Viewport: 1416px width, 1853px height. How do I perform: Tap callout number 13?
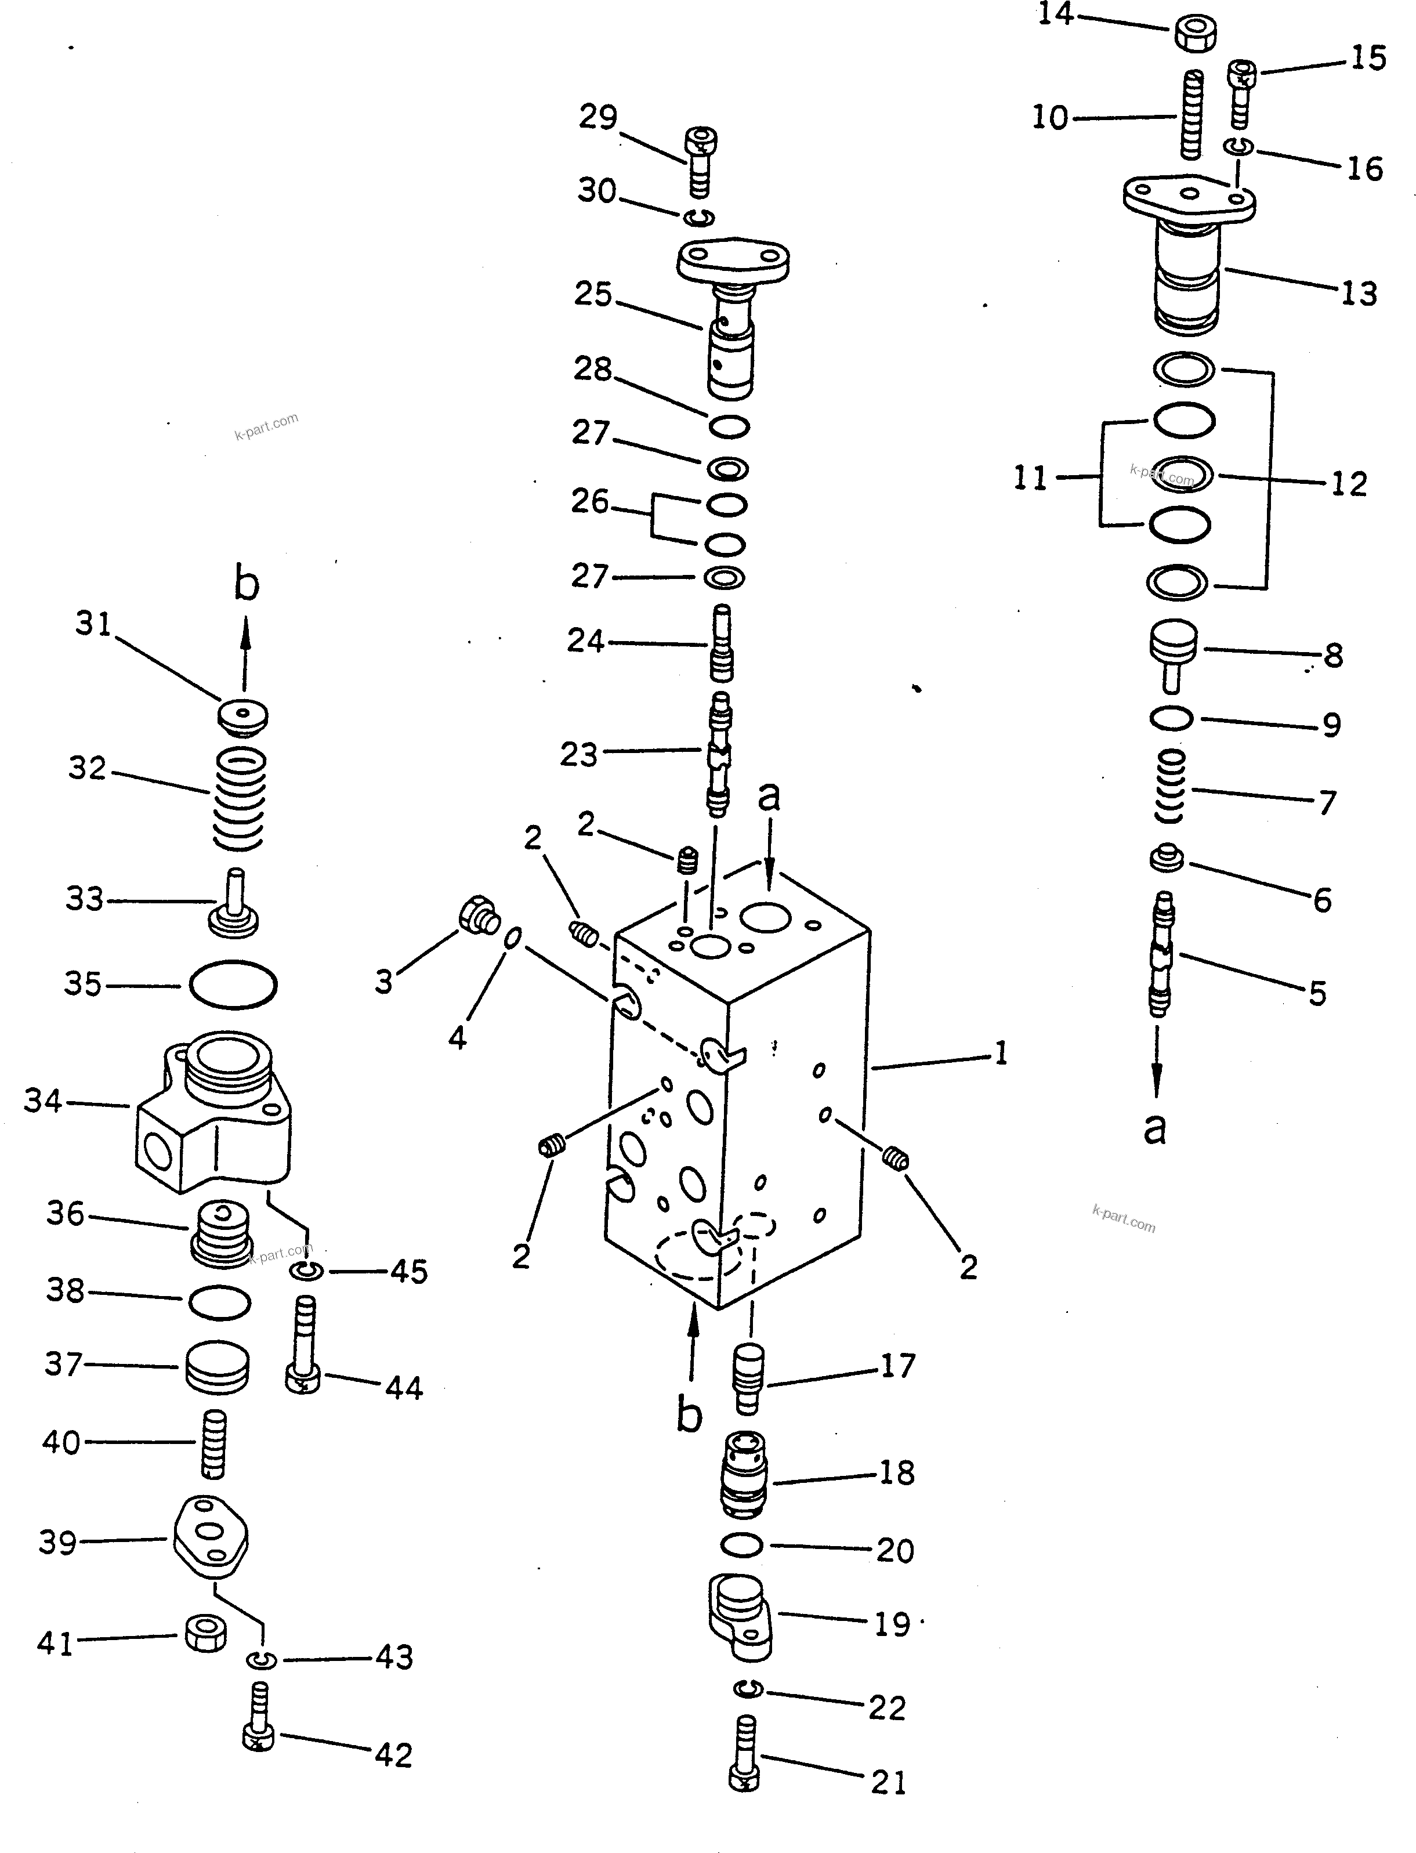pos(1359,294)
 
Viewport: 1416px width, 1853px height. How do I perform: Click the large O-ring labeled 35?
pos(233,984)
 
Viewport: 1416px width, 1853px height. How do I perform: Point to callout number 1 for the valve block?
pos(1001,1054)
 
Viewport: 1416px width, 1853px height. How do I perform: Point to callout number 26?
pos(589,502)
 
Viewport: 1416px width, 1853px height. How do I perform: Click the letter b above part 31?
pos(245,584)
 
